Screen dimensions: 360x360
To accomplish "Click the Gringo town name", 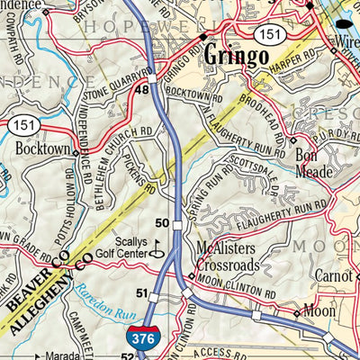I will (236, 56).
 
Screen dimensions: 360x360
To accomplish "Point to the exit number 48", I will (141, 91).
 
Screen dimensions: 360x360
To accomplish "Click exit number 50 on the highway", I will (163, 221).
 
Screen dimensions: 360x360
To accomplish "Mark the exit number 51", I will (141, 293).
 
